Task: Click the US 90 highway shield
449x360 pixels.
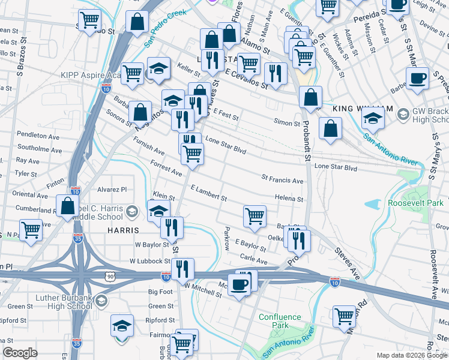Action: pos(109,275)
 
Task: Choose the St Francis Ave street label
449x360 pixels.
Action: pos(282,180)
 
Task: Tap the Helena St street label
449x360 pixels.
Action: pos(289,199)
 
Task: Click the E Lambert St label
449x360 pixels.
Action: pos(208,193)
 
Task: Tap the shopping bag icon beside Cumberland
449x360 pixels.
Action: pos(68,205)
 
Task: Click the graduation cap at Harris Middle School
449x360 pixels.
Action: pos(159,210)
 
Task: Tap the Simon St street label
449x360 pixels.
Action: pos(287,123)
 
